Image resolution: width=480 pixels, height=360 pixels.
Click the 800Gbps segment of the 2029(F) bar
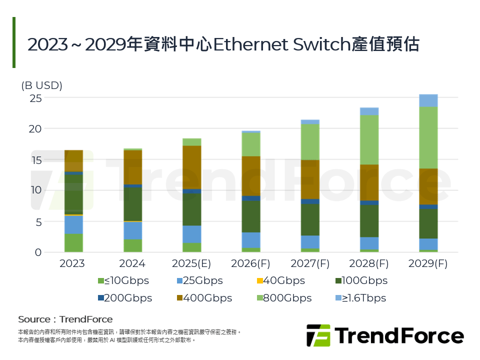[x=428, y=137]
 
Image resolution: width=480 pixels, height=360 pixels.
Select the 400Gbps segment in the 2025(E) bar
[x=191, y=167]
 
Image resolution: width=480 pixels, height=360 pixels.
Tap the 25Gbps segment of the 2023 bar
[x=73, y=224]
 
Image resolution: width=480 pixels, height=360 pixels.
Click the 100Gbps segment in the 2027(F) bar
[x=310, y=219]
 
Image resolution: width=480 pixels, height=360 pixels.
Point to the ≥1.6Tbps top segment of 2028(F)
[x=369, y=111]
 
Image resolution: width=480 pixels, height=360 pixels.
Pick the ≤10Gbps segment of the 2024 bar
[x=132, y=245]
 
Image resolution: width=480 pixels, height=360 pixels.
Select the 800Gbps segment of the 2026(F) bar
[x=250, y=144]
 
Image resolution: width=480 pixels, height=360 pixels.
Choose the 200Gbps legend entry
[x=125, y=298]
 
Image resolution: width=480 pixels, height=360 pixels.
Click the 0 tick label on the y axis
[x=37, y=252]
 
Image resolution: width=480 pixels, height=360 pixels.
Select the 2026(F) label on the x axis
[x=250, y=263]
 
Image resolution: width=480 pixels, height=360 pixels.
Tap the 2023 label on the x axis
[x=73, y=263]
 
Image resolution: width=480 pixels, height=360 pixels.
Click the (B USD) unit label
[x=41, y=85]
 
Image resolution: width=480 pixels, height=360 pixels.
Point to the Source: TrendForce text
[x=65, y=319]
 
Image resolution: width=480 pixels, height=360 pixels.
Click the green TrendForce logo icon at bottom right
[x=318, y=335]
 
